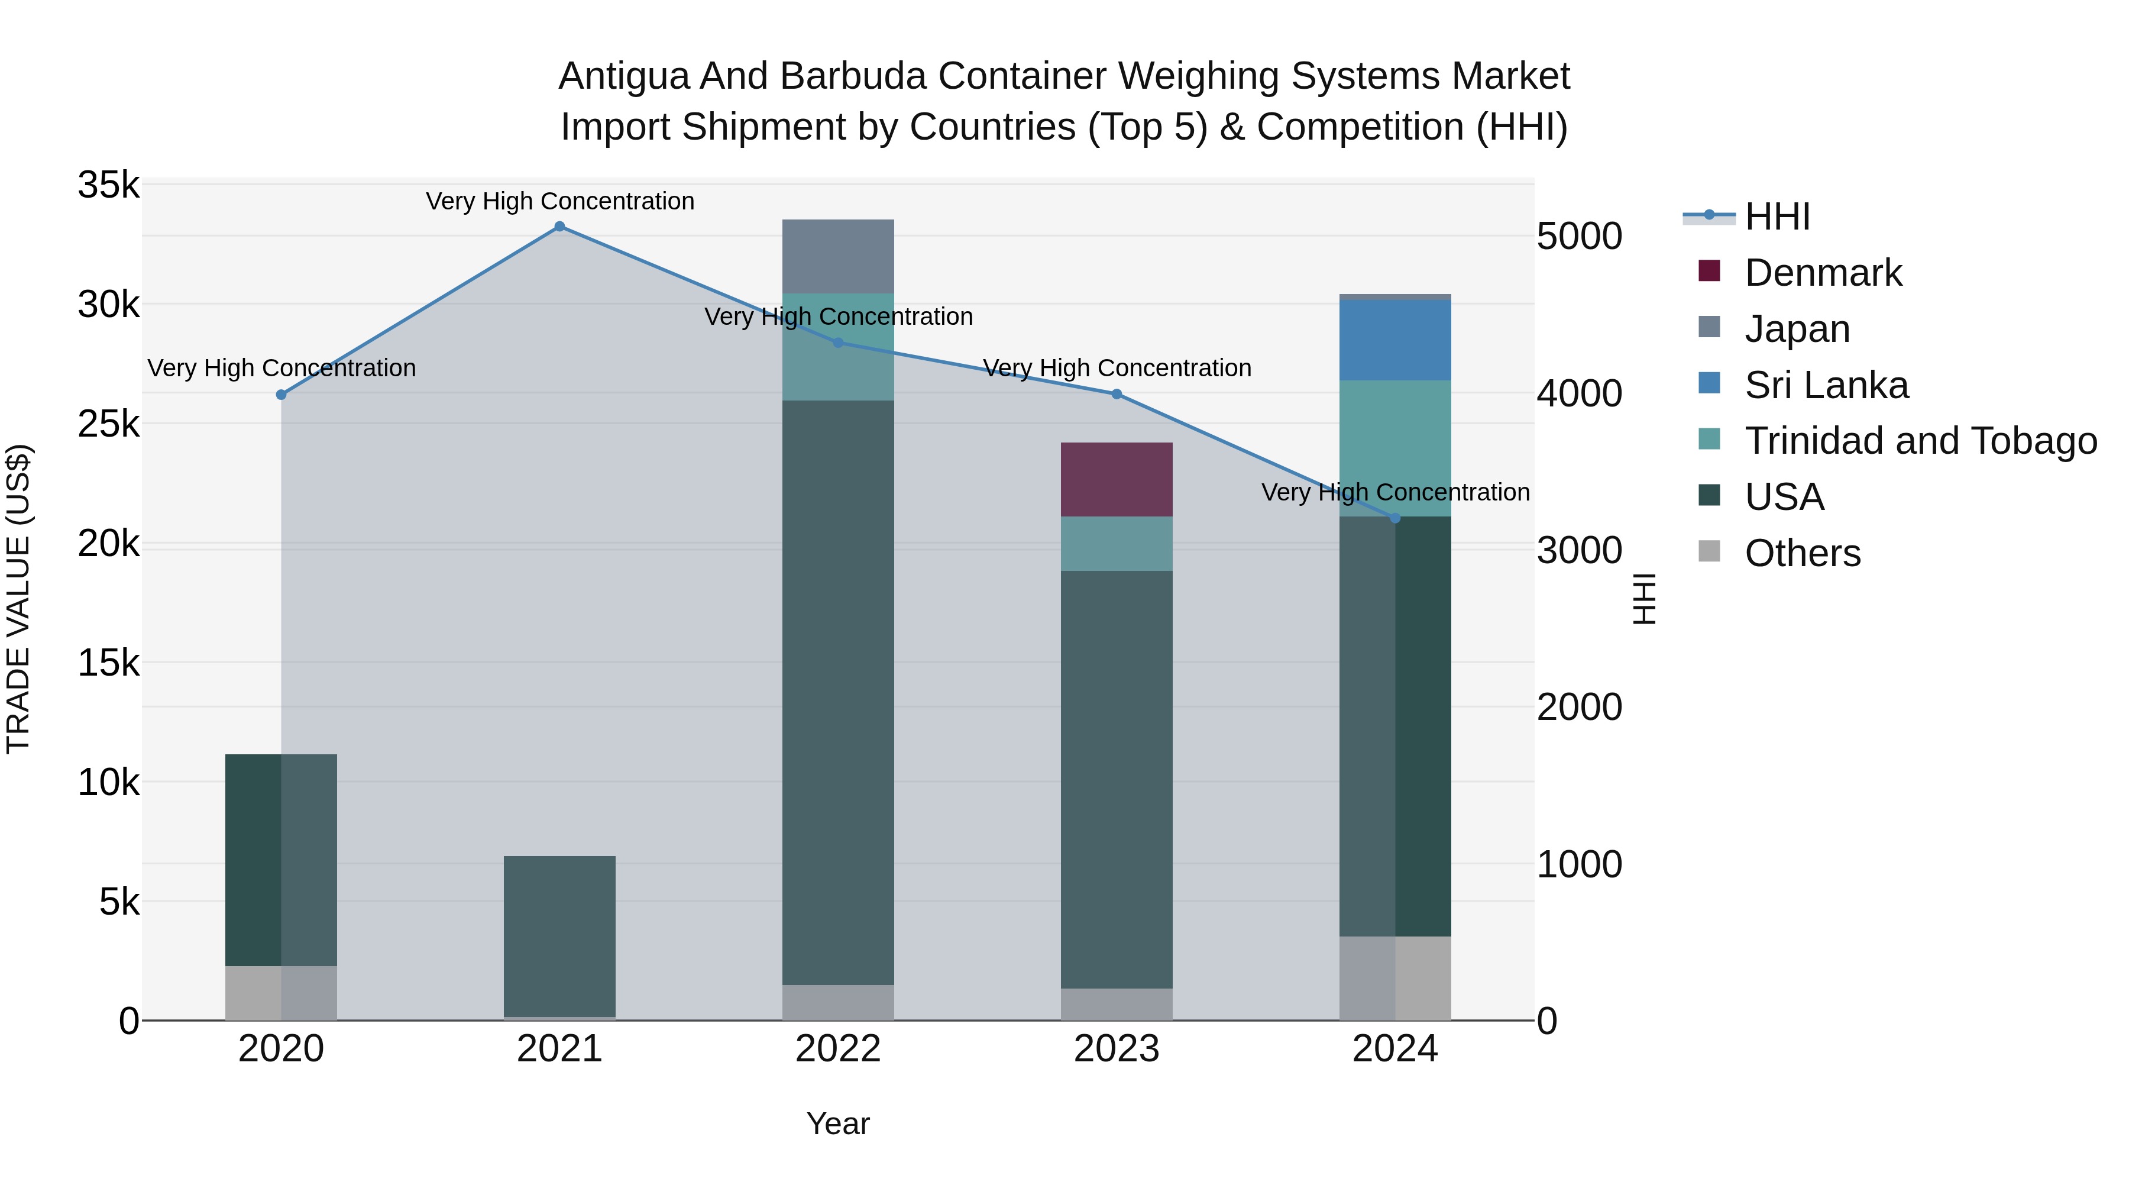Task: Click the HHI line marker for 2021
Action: click(x=559, y=227)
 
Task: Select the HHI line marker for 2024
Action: click(x=1395, y=518)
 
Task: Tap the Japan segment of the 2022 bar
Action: click(x=838, y=256)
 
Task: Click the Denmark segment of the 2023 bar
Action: click(x=1117, y=480)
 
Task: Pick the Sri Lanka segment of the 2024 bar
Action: click(x=1395, y=340)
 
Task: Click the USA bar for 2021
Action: click(x=559, y=936)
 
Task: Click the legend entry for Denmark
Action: click(x=1823, y=273)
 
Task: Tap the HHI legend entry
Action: click(x=1777, y=217)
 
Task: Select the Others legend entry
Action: click(x=1802, y=553)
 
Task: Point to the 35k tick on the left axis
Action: click(x=108, y=185)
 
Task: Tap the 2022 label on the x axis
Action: click(x=838, y=1049)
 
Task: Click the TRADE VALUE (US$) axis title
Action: click(x=18, y=599)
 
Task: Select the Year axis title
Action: click(x=838, y=1123)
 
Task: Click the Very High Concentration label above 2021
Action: click(x=559, y=201)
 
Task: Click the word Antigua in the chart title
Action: click(x=625, y=76)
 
